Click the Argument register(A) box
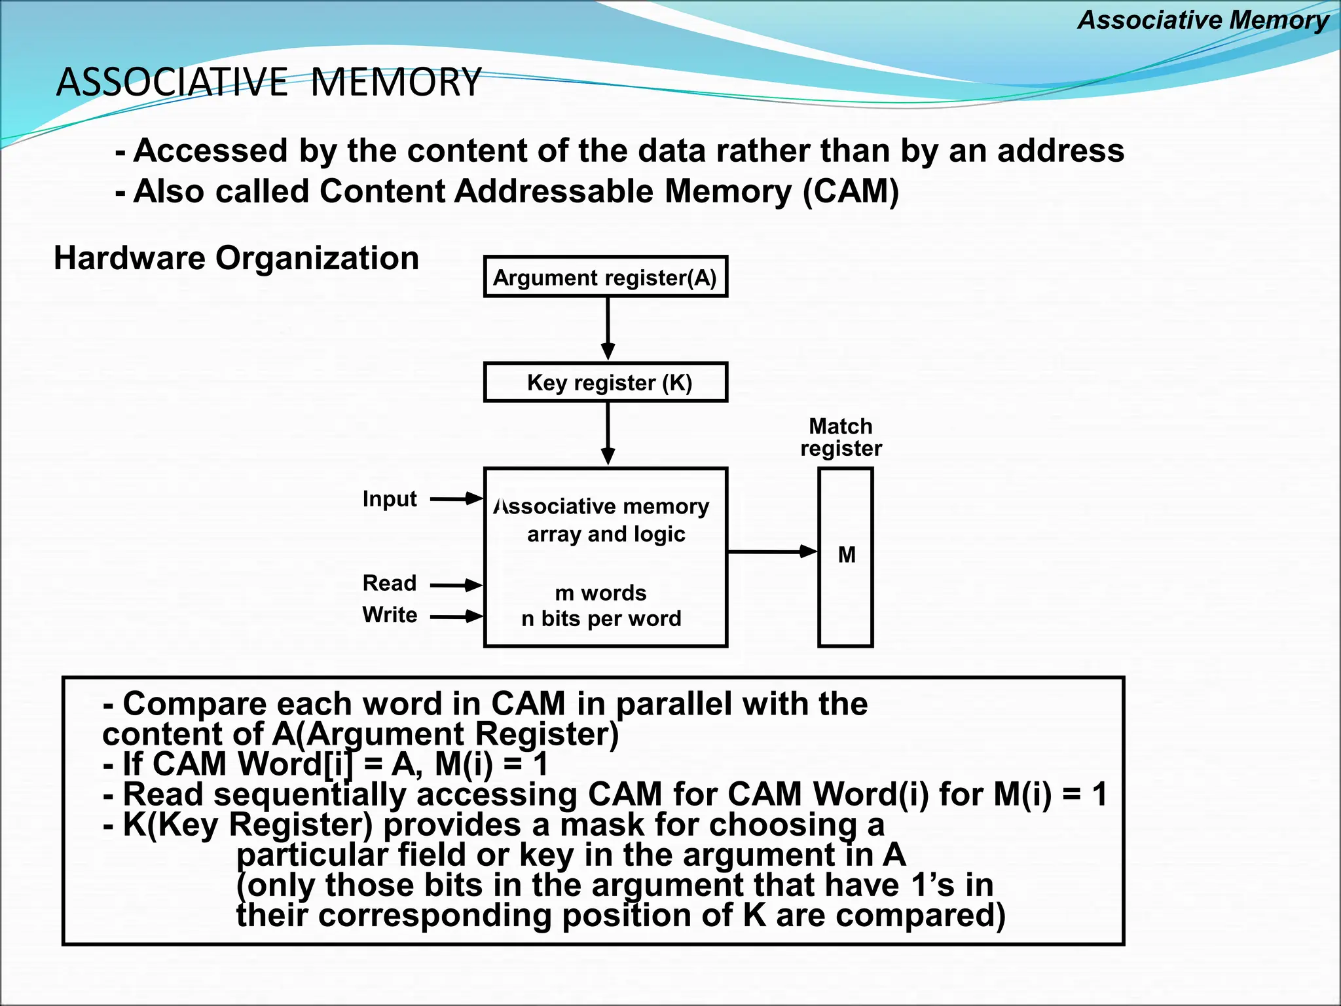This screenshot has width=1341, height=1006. point(605,277)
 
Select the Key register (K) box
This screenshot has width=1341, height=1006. point(605,382)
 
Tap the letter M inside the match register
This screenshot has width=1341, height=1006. point(847,555)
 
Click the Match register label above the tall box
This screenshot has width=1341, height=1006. point(841,438)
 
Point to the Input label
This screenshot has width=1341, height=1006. point(390,499)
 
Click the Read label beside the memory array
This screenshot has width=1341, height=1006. point(390,583)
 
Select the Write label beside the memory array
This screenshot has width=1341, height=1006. point(390,615)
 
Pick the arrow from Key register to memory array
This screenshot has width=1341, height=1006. point(608,434)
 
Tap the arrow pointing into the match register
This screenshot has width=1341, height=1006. point(773,552)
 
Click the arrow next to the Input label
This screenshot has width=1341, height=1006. point(456,499)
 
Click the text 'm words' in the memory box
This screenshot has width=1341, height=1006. point(600,593)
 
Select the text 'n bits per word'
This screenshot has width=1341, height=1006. point(601,618)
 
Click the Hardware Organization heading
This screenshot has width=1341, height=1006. point(236,258)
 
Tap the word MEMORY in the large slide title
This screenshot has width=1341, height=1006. point(395,83)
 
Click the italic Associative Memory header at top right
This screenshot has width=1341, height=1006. point(1203,20)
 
